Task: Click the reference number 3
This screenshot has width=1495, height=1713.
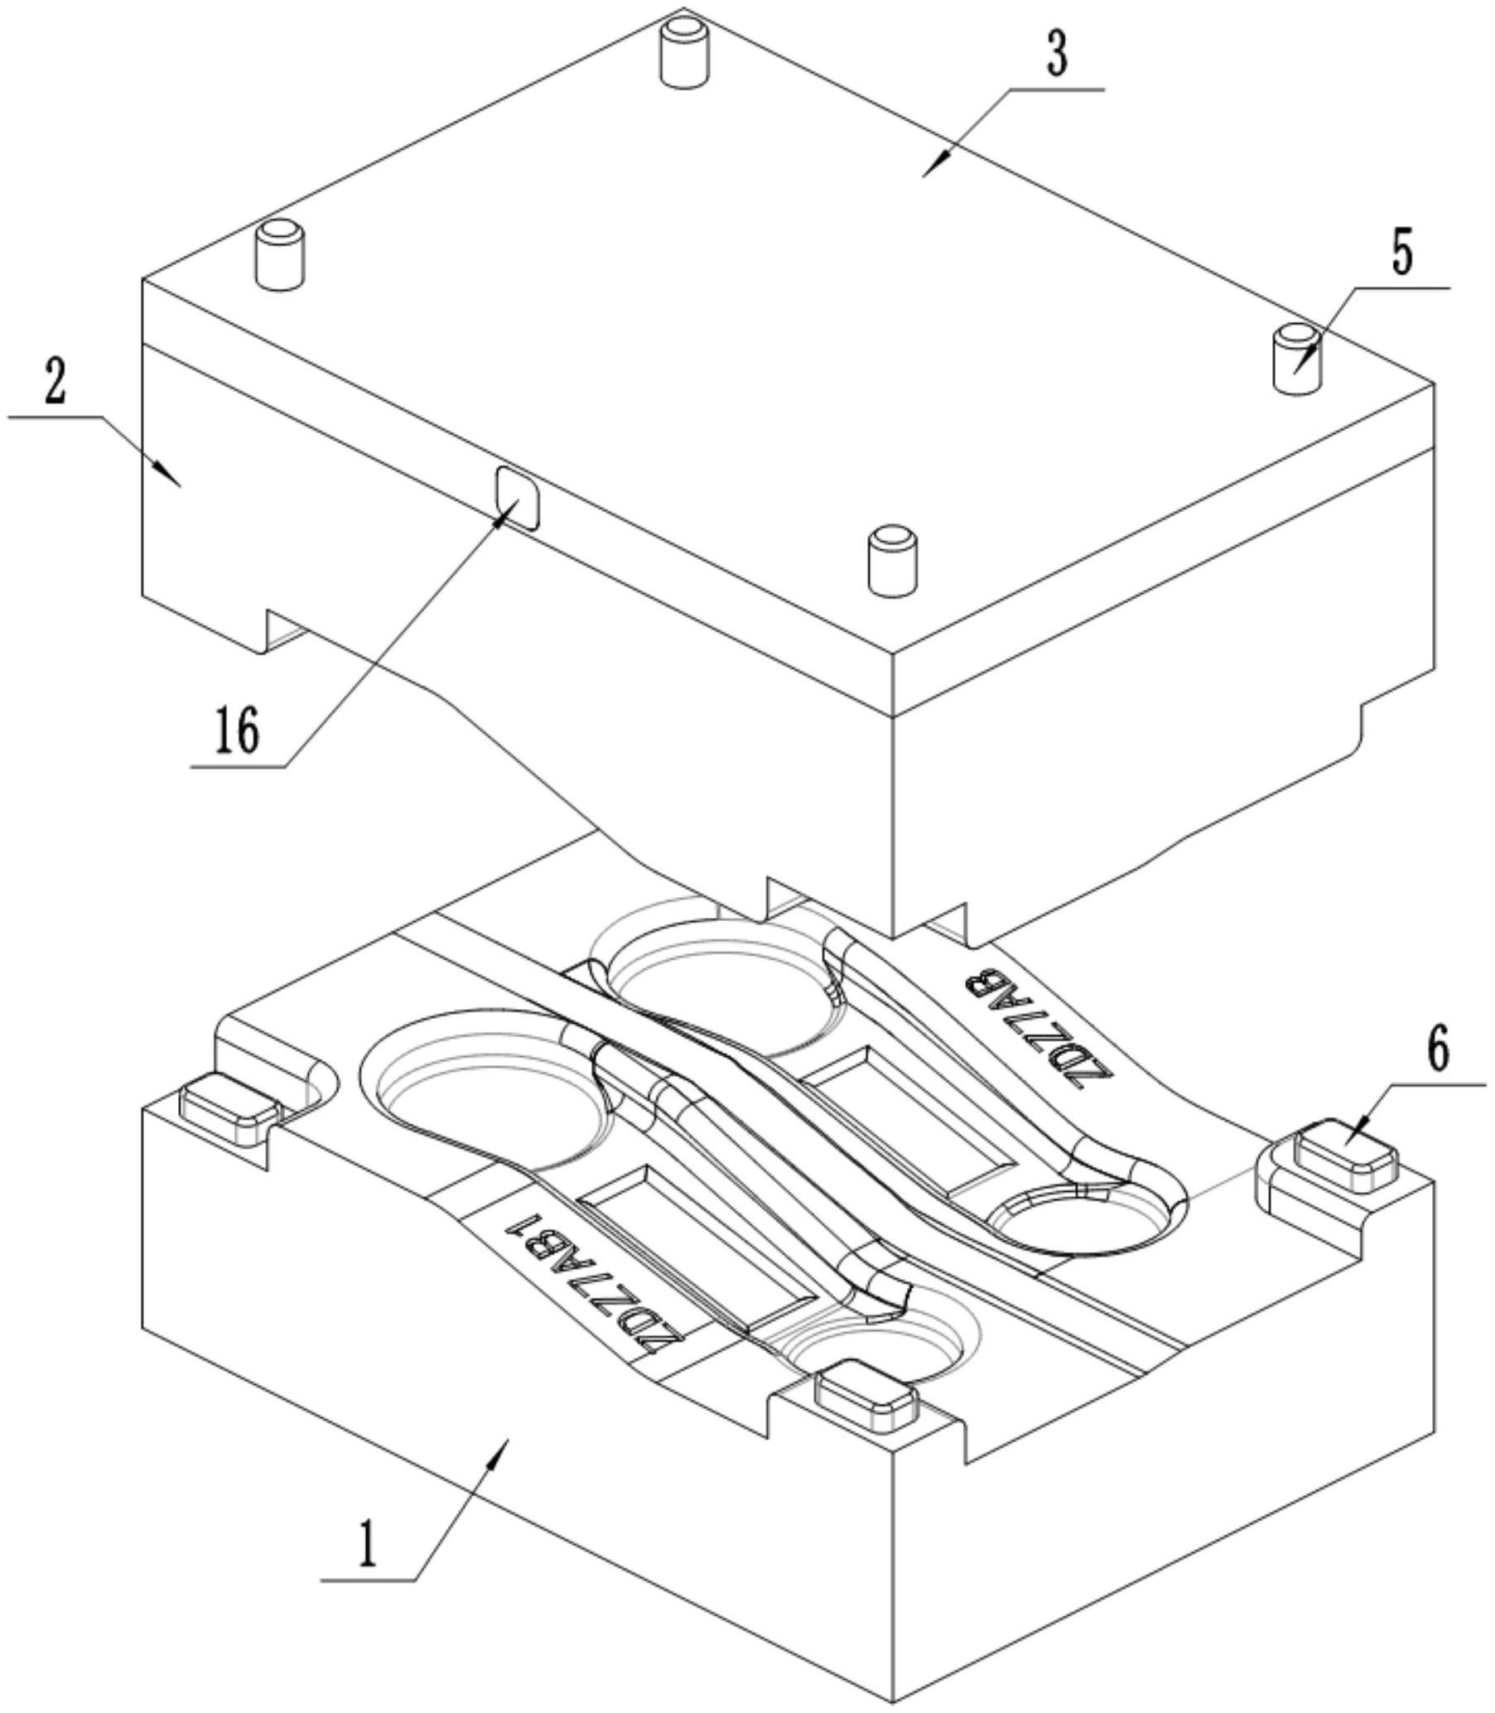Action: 1057,55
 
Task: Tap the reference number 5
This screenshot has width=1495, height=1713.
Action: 1401,257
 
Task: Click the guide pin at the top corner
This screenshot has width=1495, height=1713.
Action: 683,51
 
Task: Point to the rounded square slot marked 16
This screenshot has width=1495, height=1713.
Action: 517,498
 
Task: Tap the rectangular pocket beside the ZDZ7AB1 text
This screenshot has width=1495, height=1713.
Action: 697,1243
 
